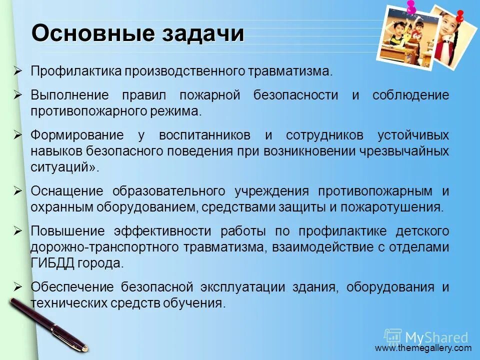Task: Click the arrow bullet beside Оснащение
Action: coord(18,191)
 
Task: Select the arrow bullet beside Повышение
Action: coord(18,231)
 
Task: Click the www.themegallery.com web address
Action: coord(423,348)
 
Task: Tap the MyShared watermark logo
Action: coord(426,336)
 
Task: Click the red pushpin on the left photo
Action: coord(411,7)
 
